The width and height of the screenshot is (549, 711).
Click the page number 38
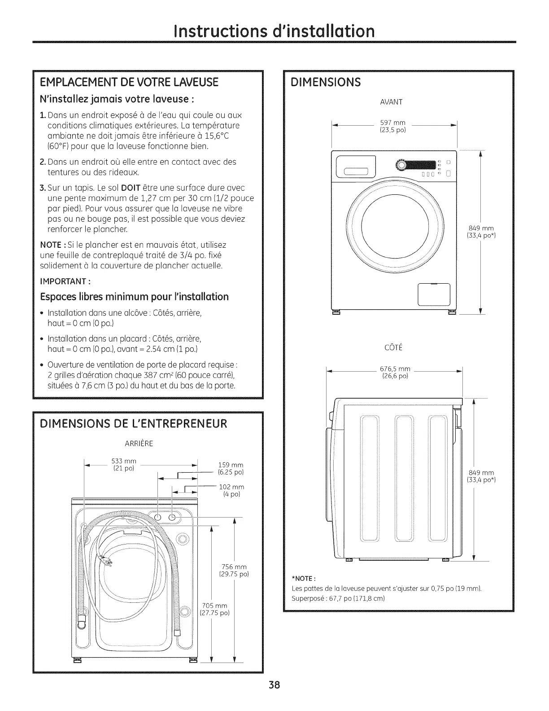[274, 685]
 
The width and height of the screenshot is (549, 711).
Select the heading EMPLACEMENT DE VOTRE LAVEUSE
[129, 82]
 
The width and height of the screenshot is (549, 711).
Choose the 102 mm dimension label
[231, 491]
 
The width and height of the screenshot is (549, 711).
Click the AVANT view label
[391, 102]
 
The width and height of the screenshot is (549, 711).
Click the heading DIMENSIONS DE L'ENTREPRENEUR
[134, 424]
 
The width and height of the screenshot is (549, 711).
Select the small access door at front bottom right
[434, 294]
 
